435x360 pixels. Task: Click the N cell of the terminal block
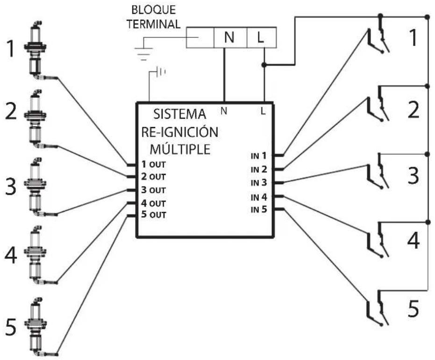point(230,37)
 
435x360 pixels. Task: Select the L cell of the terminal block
point(261,37)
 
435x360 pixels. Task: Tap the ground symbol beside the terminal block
point(143,54)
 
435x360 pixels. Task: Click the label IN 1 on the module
point(258,156)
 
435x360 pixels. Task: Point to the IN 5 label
point(258,209)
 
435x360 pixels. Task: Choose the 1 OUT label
point(153,164)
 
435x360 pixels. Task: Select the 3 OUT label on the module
point(153,190)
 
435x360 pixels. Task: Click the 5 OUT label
point(153,215)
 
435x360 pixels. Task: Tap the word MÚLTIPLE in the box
point(180,149)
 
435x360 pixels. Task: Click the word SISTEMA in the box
point(180,114)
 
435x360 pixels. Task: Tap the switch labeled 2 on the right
point(378,104)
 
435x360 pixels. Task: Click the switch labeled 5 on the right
point(378,308)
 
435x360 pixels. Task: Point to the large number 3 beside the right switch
point(413,176)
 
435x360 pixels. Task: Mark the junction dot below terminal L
point(264,65)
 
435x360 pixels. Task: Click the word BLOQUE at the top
point(153,10)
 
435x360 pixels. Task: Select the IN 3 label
point(258,183)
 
